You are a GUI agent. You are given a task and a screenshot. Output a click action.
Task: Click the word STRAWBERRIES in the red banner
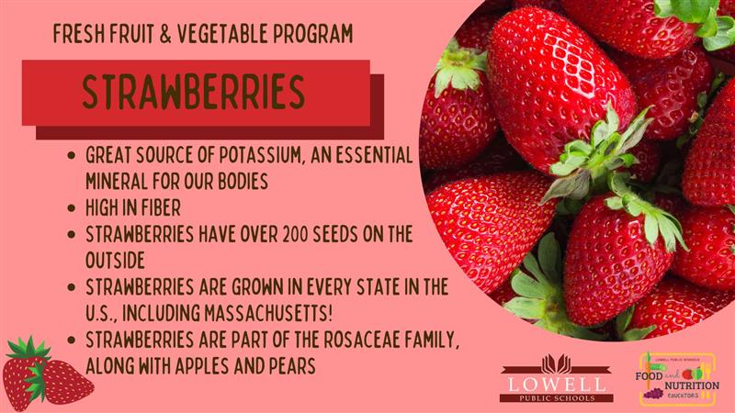[x=193, y=92]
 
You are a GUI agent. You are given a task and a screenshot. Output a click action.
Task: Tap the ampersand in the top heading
[x=165, y=34]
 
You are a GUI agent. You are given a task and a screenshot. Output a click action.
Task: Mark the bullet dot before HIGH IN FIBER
[x=72, y=208]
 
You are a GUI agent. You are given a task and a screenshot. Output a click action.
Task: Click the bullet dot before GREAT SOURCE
[x=72, y=155]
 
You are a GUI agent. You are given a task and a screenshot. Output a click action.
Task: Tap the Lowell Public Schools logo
[x=557, y=378]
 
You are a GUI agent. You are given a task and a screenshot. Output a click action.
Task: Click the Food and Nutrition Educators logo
[x=678, y=379]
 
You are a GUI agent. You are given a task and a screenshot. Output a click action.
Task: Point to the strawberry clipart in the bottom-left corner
[x=47, y=374]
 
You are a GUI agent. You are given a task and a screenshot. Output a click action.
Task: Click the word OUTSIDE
[x=116, y=261]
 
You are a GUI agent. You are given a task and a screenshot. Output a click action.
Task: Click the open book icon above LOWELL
[x=557, y=363]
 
